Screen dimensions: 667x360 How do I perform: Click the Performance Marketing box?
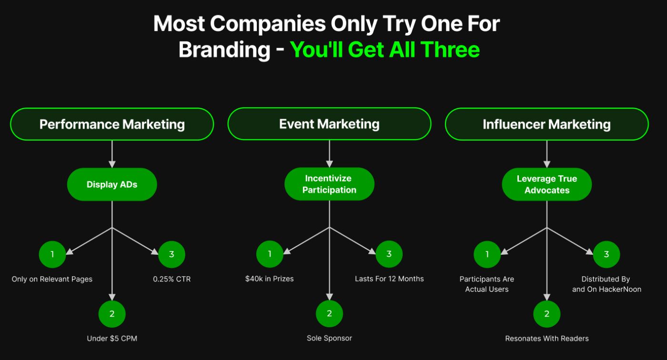pos(112,124)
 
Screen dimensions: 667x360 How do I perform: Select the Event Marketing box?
pos(329,124)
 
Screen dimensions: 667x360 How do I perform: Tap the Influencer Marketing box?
pos(547,124)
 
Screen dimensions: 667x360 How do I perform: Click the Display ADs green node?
pos(112,184)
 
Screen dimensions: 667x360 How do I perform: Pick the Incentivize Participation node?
pos(329,184)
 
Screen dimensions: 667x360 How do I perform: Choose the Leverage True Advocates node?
pos(547,184)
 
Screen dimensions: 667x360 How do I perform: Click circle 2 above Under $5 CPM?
pos(112,314)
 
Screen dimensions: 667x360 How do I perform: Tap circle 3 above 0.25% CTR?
pos(172,254)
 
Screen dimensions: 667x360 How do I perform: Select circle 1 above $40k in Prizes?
pos(270,254)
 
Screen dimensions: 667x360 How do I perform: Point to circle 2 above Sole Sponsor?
pos(329,314)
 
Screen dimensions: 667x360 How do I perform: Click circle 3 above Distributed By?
pos(606,254)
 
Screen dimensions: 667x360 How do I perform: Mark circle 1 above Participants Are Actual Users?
pos(487,254)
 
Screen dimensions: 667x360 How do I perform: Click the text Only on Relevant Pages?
pos(52,279)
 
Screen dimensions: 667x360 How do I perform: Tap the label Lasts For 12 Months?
pos(389,279)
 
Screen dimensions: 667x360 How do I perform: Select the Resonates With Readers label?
pos(547,339)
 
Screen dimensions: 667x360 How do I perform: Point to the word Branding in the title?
pos(224,50)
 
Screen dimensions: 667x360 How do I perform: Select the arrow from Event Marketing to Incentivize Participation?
pos(329,154)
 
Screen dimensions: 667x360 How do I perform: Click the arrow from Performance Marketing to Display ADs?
pos(112,154)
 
